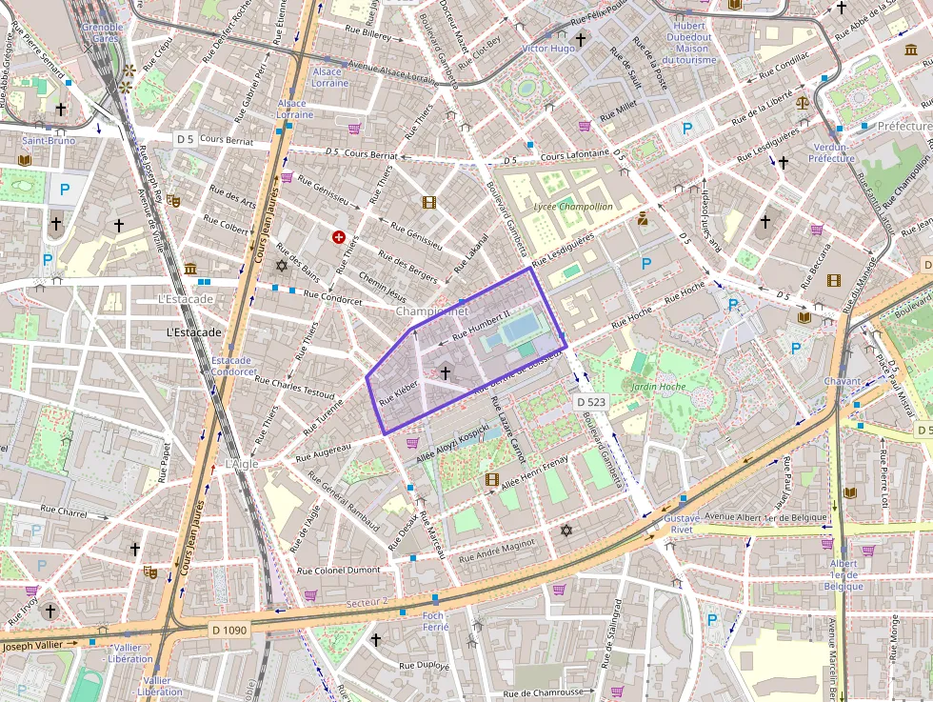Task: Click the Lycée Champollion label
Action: pos(573,206)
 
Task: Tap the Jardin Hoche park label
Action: pos(657,387)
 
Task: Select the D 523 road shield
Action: pos(591,403)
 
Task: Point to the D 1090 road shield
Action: pos(228,630)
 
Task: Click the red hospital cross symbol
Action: pos(338,236)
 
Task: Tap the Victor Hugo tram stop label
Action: pos(548,48)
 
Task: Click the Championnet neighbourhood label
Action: pos(432,311)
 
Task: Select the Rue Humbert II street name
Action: pos(482,323)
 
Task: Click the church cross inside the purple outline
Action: pos(445,374)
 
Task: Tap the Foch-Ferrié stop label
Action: pos(435,621)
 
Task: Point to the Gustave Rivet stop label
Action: pos(685,523)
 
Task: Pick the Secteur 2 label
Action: pos(367,601)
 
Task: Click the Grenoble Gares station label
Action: pos(102,33)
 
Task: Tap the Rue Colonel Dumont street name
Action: pos(338,570)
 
